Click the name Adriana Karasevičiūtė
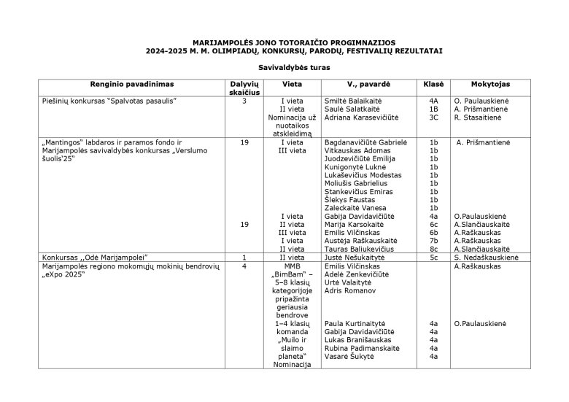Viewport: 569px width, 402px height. [x=363, y=117]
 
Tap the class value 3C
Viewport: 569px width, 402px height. [x=433, y=117]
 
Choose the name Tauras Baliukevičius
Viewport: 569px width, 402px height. [x=362, y=249]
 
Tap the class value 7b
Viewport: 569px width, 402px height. [x=433, y=241]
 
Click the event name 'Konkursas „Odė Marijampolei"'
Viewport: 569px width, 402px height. [x=96, y=258]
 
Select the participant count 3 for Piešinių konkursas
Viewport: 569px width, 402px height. [x=244, y=100]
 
